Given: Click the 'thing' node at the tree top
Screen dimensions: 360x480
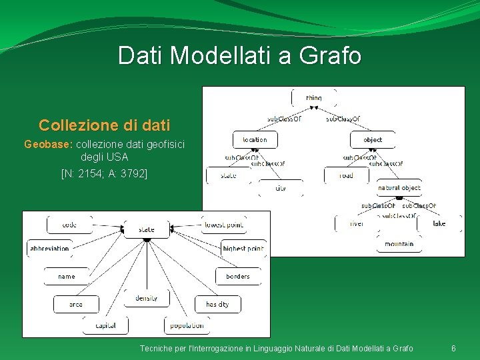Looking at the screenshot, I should pos(313,98).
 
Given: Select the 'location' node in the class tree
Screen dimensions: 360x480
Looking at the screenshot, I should pos(255,139).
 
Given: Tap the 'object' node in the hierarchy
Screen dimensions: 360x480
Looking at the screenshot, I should pos(373,139).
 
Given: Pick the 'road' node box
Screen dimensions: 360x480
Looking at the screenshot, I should pos(346,175).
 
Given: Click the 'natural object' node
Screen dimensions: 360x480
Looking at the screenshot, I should pos(399,188).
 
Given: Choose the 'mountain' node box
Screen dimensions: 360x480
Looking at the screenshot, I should pos(399,244).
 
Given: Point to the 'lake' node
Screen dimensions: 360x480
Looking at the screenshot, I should pos(439,223).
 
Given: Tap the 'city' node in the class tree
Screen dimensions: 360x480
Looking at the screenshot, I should pos(281,188).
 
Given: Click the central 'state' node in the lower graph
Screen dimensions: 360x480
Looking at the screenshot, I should pos(147,229).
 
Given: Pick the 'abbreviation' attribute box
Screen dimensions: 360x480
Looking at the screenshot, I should pos(49,249).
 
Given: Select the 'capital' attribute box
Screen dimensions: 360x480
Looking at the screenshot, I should pos(105,325).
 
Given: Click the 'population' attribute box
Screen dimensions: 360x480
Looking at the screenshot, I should pos(187,325).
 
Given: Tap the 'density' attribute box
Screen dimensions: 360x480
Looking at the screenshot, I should pos(147,298).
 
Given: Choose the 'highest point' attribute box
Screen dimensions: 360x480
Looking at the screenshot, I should pos(243,249).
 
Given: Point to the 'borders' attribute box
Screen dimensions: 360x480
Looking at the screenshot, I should pos(238,276).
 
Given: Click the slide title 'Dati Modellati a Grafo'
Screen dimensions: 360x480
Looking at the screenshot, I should pos(239,55).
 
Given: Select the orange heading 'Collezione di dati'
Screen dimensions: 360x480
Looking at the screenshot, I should pos(104,125).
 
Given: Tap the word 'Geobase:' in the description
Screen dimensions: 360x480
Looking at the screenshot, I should pos(49,144).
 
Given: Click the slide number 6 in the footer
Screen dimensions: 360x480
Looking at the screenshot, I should pos(453,349).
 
